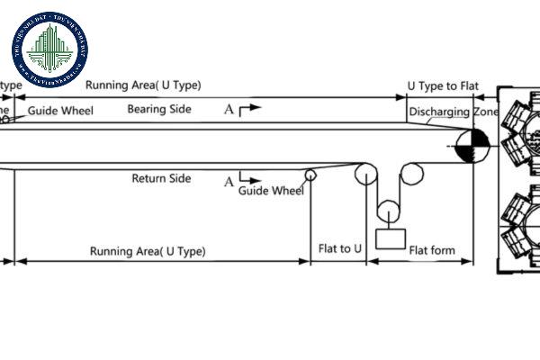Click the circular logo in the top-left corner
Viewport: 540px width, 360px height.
click(49, 50)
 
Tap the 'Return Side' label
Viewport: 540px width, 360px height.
click(161, 178)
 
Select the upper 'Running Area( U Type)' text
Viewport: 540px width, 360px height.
click(143, 85)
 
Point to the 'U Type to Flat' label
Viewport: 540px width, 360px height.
click(443, 85)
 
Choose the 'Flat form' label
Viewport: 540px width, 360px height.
click(432, 250)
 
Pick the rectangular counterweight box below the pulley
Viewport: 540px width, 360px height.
click(390, 238)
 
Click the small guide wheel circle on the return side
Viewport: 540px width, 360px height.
click(310, 174)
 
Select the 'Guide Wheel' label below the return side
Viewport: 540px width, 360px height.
click(271, 191)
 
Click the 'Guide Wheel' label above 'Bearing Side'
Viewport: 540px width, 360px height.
click(60, 112)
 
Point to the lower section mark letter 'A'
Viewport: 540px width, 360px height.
click(229, 182)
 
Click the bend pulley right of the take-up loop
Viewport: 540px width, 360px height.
click(412, 175)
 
